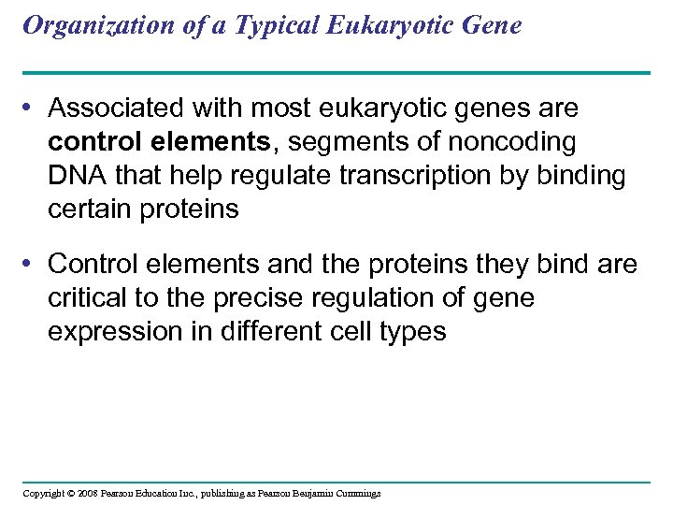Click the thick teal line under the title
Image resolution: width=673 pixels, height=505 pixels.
[x=336, y=72]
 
